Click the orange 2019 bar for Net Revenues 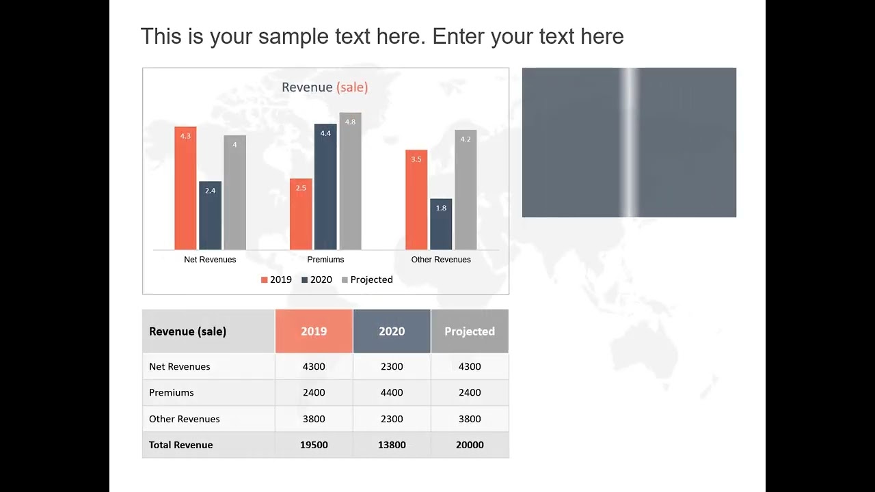point(185,188)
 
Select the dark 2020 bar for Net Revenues point(210,215)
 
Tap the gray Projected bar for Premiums point(350,181)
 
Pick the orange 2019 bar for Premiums point(301,214)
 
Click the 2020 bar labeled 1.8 point(441,224)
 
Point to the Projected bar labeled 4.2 point(466,189)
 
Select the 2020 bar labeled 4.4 point(325,187)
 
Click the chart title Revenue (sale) point(325,87)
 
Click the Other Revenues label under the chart point(441,260)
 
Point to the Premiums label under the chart point(325,260)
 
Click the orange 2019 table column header point(314,331)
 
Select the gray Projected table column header point(470,331)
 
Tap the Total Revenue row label point(181,445)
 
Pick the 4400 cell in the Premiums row point(392,393)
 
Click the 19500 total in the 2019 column point(314,445)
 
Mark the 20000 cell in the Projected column point(470,445)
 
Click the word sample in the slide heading point(293,36)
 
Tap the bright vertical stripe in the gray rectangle point(629,142)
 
